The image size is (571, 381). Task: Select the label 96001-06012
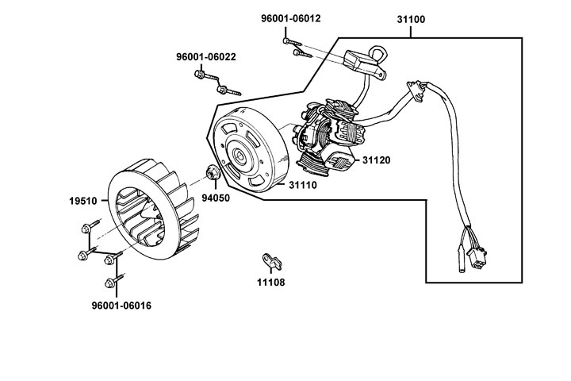pyautogui.click(x=290, y=19)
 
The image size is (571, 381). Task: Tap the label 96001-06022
pyautogui.click(x=205, y=57)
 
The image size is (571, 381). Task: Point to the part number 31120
pyautogui.click(x=377, y=160)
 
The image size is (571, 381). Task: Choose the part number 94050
pyautogui.click(x=215, y=198)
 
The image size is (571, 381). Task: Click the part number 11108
pyautogui.click(x=270, y=282)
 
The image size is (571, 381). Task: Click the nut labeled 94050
pyautogui.click(x=213, y=172)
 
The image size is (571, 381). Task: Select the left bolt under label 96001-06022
pyautogui.click(x=201, y=76)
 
